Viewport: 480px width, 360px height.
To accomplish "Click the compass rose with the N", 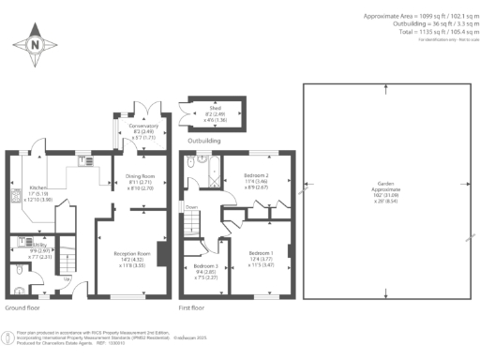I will [35, 44].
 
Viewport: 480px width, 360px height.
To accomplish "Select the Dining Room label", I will [139, 178].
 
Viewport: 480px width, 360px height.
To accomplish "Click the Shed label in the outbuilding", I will [214, 110].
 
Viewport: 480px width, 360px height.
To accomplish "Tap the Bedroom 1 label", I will [261, 253].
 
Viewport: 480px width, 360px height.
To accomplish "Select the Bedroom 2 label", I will [256, 175].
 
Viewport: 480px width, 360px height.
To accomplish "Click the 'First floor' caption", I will [193, 307].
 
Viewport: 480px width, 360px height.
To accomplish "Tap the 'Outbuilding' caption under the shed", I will [206, 141].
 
